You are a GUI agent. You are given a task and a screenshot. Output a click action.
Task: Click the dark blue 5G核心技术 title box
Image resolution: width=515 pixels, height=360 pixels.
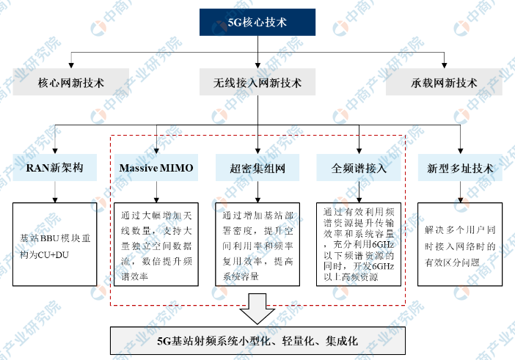click(257, 22)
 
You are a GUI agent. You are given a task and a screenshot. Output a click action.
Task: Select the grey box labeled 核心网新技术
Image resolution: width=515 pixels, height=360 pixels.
click(71, 82)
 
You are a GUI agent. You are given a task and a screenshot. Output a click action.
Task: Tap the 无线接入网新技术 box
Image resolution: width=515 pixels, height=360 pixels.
click(257, 82)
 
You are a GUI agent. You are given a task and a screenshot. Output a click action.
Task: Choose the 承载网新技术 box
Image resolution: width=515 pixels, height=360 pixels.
click(444, 82)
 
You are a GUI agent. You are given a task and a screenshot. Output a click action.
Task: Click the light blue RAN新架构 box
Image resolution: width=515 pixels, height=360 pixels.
click(55, 168)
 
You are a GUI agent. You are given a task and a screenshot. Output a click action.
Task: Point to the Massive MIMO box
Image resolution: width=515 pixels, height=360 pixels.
click(156, 168)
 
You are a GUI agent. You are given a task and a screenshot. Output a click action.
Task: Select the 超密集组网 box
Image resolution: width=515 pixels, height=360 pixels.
click(257, 168)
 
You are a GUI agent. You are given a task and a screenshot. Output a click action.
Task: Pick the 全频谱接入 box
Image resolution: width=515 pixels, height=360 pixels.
click(359, 168)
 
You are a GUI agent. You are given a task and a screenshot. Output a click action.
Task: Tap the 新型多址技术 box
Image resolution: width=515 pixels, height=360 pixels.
click(460, 168)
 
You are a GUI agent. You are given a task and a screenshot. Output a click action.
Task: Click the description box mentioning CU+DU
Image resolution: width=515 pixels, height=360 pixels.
click(55, 244)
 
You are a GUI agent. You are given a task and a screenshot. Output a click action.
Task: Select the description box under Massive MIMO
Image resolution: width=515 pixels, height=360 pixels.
click(156, 244)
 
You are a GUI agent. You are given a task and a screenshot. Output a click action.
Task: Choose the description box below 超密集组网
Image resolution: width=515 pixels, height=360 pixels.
click(257, 244)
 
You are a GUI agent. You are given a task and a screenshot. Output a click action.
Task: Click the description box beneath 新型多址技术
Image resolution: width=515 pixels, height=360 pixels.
click(460, 244)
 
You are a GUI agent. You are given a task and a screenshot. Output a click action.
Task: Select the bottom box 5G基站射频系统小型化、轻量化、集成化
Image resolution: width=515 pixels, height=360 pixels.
click(257, 341)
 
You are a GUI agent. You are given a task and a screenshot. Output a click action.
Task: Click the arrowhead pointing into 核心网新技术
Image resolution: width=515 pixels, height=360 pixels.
click(71, 66)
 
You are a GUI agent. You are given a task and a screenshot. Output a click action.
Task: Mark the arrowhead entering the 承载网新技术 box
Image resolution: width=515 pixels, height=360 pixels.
click(444, 66)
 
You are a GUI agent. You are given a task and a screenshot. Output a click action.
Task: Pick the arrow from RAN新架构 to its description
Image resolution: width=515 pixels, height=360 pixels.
click(55, 191)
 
